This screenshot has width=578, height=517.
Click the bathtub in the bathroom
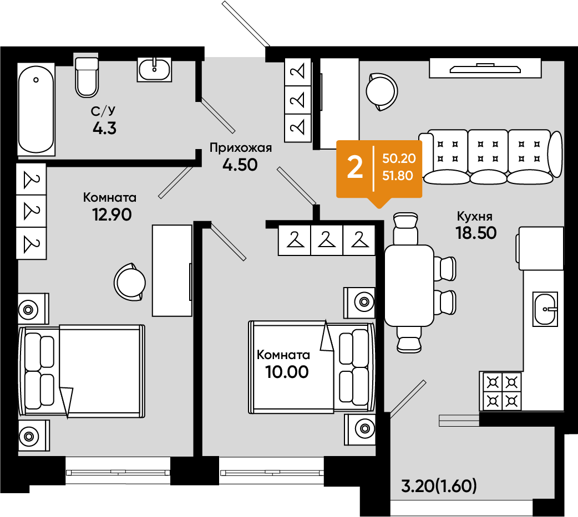[x=36, y=109]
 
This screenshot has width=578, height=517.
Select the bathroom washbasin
[x=154, y=69]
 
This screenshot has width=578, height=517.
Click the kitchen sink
[x=545, y=309]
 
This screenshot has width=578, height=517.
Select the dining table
[x=409, y=285]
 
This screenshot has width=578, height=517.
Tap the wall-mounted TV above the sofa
[x=485, y=69]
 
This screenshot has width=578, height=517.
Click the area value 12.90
[x=112, y=214]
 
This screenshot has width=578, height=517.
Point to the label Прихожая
[x=240, y=147]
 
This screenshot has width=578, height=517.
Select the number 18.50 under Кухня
[x=476, y=233]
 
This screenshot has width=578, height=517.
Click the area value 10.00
[x=287, y=372]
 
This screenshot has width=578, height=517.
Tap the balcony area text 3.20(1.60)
[x=439, y=486]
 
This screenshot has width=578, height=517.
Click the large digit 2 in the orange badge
[x=355, y=167]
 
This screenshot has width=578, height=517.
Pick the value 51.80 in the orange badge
[x=397, y=176]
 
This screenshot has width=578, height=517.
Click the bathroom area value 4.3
[x=105, y=128]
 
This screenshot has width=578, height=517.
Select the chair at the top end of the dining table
[x=406, y=228]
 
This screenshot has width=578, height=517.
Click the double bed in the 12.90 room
[x=82, y=371]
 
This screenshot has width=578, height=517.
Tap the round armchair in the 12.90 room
[x=129, y=283]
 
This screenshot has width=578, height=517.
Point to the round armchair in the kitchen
[x=382, y=91]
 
